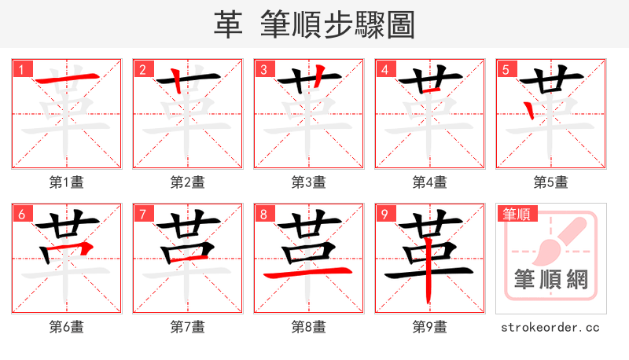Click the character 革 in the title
tap(227, 25)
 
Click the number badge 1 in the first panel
tap(21, 70)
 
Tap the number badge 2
tap(142, 70)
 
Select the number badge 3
tap(263, 70)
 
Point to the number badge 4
tap(384, 70)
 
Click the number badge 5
tap(506, 70)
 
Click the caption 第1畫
tap(67, 182)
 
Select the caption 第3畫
tap(309, 182)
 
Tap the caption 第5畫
tap(551, 182)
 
